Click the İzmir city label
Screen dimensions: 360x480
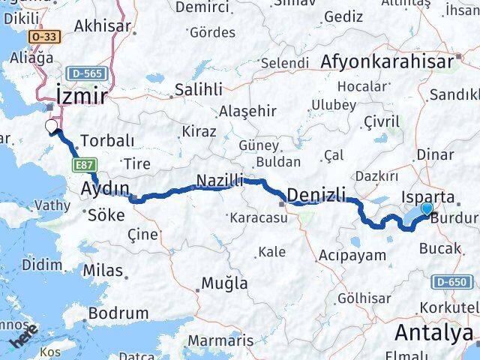coord(81,95)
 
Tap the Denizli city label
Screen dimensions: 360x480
coord(316,194)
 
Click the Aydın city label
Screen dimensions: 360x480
coord(105,187)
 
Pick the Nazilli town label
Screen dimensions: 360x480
coord(220,180)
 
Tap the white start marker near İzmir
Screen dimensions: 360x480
coord(52,126)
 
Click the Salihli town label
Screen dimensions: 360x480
coord(198,89)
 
